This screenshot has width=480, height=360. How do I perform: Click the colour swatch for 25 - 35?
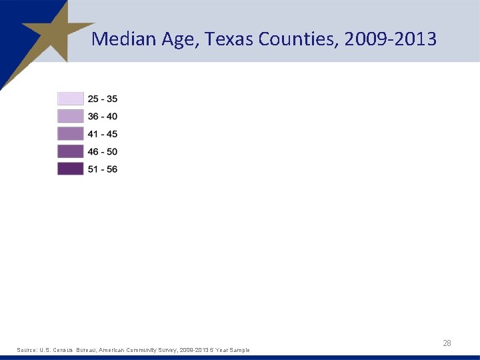coord(71,99)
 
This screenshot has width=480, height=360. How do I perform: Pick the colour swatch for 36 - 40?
coord(71,117)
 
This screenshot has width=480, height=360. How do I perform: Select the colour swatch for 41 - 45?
coord(71,134)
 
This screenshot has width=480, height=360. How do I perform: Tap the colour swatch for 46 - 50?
coord(71,151)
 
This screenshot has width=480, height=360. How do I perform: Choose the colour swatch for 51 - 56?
coord(71,169)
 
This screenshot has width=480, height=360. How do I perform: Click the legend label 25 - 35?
coord(103,99)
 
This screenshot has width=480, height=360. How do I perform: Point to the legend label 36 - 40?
coord(103,117)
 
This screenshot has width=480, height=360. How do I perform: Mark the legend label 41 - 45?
coord(103,134)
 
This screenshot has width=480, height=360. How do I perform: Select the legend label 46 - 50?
coord(103,151)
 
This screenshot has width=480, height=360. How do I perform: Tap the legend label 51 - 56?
coord(103,169)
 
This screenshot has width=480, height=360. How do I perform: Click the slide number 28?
coord(447,343)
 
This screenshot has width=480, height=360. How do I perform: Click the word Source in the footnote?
coord(27,350)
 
